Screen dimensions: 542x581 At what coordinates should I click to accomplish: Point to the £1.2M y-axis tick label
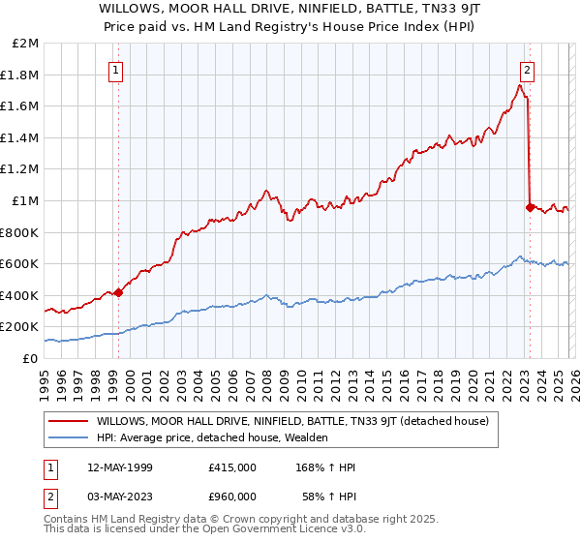20,169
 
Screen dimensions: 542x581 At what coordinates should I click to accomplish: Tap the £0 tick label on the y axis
31,358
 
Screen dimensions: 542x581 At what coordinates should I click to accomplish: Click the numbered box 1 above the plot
116,69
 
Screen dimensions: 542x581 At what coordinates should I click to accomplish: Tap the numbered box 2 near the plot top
528,69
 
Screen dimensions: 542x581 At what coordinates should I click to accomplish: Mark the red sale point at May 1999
118,292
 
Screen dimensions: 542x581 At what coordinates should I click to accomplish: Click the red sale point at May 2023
530,206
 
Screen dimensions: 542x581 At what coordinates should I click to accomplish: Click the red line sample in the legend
68,421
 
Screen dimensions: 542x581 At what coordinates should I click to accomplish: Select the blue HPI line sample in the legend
68,437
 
